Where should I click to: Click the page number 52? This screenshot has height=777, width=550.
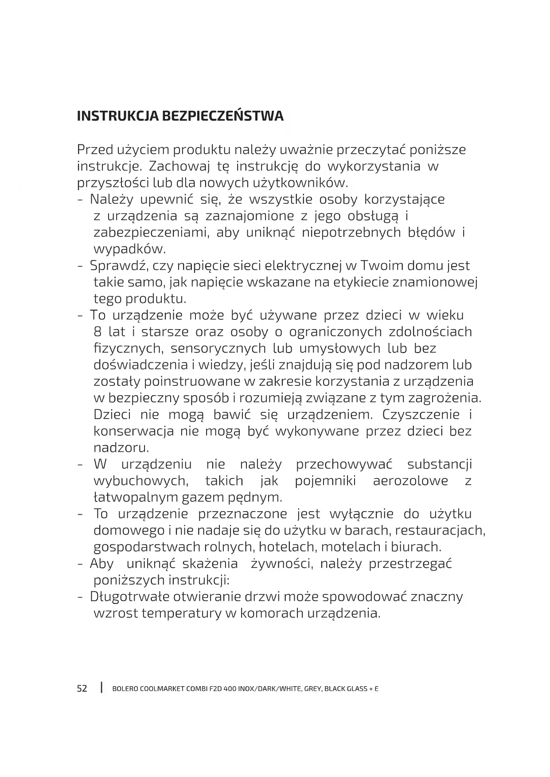(x=82, y=689)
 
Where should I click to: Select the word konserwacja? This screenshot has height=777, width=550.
(x=133, y=431)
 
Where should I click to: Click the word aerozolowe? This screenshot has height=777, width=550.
(x=410, y=481)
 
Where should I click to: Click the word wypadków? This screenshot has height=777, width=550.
(x=129, y=249)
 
